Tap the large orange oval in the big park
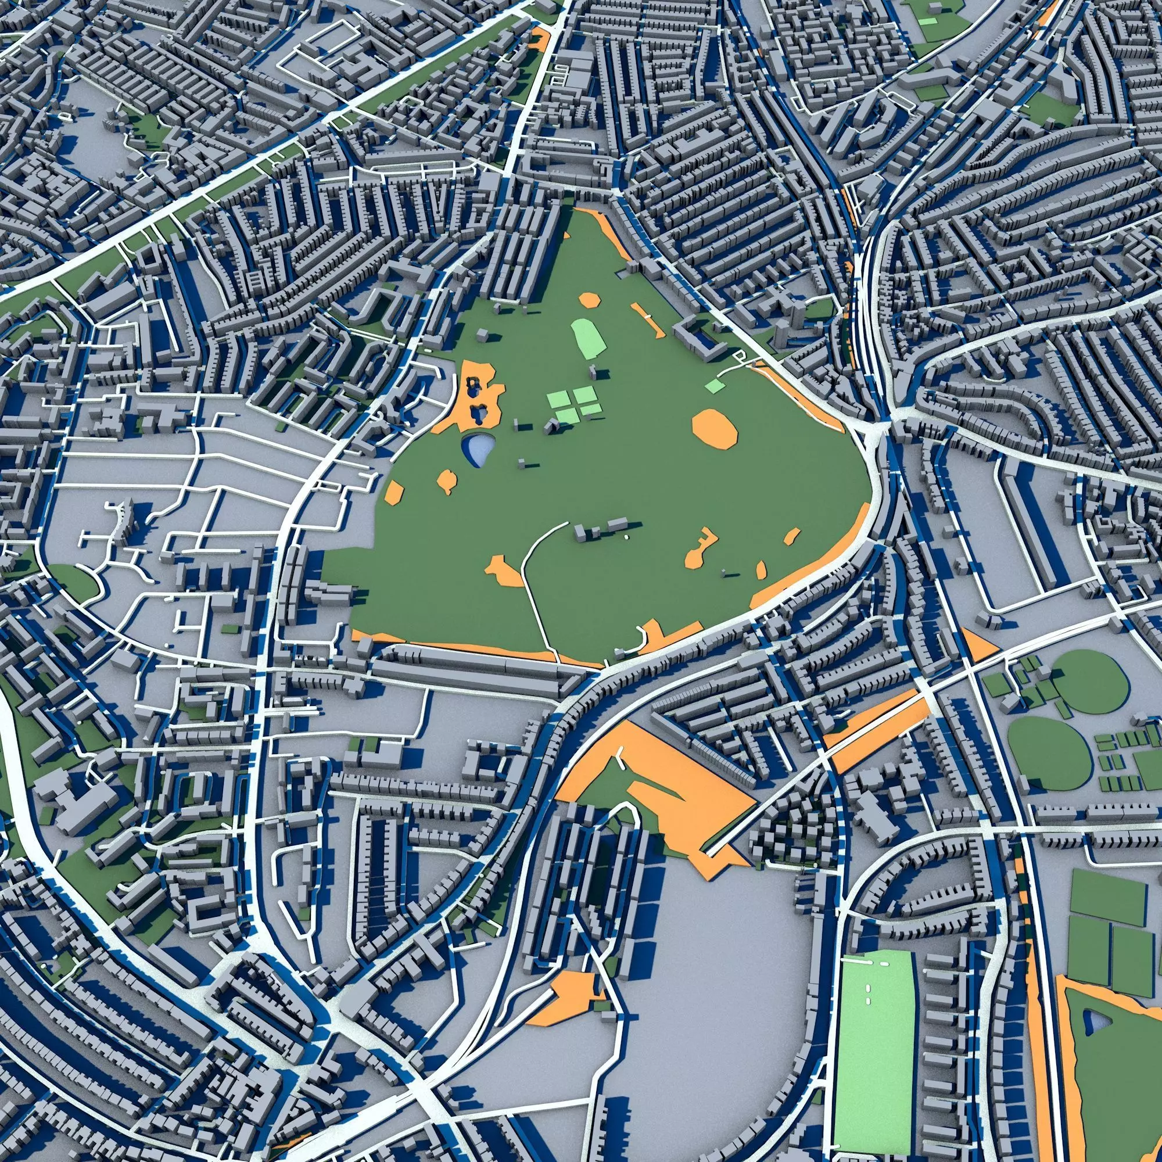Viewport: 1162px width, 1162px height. (x=714, y=428)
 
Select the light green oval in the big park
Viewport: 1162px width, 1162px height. (x=583, y=338)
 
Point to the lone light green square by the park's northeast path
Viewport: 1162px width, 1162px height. (x=715, y=385)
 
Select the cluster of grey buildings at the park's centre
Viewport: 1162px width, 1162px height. (x=601, y=530)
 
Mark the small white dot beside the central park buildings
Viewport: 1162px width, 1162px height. (x=626, y=535)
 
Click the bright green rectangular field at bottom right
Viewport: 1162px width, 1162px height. (x=875, y=1046)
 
